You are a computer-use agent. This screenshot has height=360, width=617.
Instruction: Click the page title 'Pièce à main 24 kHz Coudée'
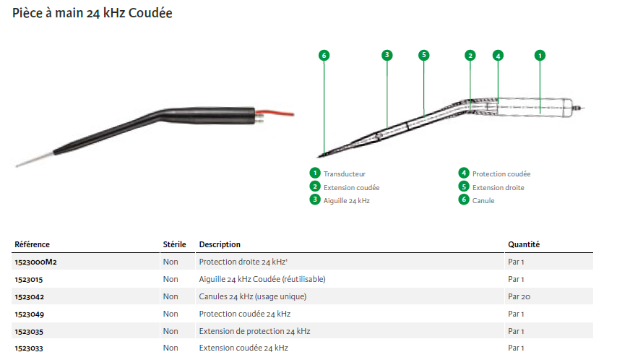(x=92, y=14)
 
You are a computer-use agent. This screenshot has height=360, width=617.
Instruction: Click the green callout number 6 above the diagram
(x=324, y=55)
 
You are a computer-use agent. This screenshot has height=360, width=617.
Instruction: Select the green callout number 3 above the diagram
(x=387, y=55)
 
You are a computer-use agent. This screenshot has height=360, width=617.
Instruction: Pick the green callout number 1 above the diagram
(x=539, y=55)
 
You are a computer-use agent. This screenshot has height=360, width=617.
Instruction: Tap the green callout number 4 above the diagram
(x=497, y=55)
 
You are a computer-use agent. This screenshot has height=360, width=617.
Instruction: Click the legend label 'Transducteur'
(x=345, y=174)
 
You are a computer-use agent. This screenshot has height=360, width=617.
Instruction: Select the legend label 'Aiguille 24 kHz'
(x=347, y=200)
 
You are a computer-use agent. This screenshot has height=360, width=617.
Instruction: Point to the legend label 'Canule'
(x=483, y=200)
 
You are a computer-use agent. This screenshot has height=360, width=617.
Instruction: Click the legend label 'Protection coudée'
(x=501, y=174)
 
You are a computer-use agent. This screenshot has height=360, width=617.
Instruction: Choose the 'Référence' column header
(x=33, y=245)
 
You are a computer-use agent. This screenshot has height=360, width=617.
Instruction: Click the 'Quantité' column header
(x=524, y=245)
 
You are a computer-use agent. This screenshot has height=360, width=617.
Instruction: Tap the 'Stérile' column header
(x=175, y=245)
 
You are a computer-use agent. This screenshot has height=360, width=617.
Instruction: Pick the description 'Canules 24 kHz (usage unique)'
(x=253, y=296)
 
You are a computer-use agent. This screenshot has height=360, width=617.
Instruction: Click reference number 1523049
(x=29, y=314)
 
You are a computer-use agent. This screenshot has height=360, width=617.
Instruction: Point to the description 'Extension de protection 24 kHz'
(x=254, y=331)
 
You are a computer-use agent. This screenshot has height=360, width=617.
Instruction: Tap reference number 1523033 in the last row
(x=29, y=348)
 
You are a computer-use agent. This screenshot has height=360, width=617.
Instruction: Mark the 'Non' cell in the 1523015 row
(x=171, y=279)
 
